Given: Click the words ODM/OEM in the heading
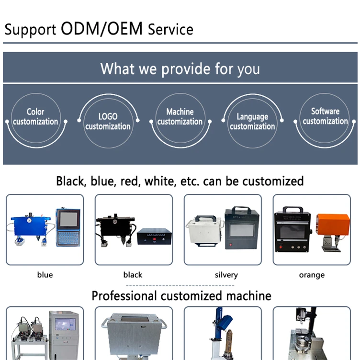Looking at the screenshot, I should (x=101, y=29).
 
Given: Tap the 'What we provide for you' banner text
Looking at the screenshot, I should (x=180, y=68).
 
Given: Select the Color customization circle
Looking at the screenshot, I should (x=36, y=116).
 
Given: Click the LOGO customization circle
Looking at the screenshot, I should (x=108, y=121).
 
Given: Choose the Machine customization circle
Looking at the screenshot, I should (x=180, y=116).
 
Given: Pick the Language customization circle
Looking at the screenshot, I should (x=252, y=121).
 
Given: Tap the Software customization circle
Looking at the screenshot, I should (x=325, y=116).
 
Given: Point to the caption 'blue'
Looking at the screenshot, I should (x=45, y=275).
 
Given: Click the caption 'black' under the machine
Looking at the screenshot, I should (x=133, y=275).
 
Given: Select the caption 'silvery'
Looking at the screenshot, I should (x=226, y=275).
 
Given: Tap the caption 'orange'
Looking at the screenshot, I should (x=312, y=275).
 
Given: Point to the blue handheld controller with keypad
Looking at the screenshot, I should (x=67, y=227).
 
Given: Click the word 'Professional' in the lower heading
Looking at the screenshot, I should (x=124, y=295).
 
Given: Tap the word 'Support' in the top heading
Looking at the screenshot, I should (x=30, y=30).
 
